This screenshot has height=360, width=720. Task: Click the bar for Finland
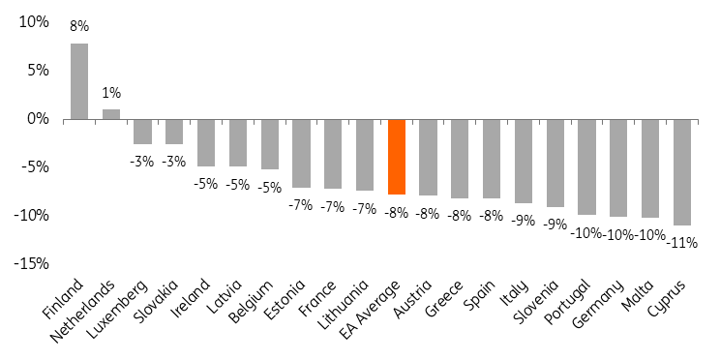coord(79,81)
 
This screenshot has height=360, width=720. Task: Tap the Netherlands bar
coord(111,114)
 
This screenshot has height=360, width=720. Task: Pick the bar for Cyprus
coord(681,171)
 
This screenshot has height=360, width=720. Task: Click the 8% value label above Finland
coord(79,27)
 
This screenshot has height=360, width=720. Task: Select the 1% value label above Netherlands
coord(111,93)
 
